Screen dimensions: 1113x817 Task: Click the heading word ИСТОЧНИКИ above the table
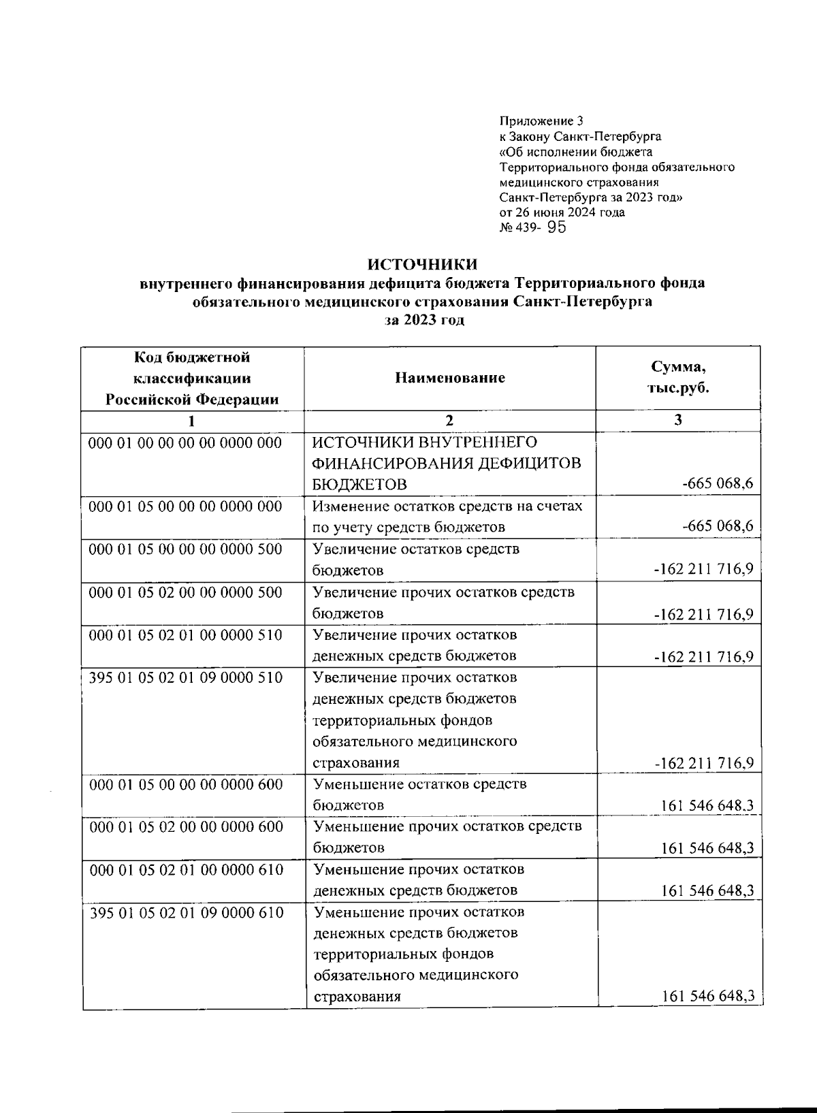tap(422, 264)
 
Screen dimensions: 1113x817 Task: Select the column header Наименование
tap(450, 378)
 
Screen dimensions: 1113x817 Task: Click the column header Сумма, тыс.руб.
tap(678, 378)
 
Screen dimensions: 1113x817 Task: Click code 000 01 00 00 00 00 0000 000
tap(186, 442)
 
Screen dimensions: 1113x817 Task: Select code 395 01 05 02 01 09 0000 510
tap(186, 677)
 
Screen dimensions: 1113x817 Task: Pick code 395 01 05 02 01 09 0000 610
tap(187, 912)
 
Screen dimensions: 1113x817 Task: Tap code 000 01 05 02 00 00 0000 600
tap(186, 826)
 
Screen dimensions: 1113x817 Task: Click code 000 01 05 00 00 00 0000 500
tap(186, 549)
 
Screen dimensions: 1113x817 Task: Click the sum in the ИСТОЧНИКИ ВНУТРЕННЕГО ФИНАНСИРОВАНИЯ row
tap(717, 484)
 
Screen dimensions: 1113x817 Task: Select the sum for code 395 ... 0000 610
tap(707, 997)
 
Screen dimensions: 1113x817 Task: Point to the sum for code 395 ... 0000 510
tap(703, 762)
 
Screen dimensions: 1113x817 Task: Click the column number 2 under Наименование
tap(449, 420)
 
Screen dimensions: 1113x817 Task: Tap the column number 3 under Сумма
tap(678, 420)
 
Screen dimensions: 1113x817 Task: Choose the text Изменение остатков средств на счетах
tap(448, 506)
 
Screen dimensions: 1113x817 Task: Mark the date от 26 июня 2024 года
tap(562, 212)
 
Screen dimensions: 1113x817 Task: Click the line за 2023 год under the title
tap(422, 320)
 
